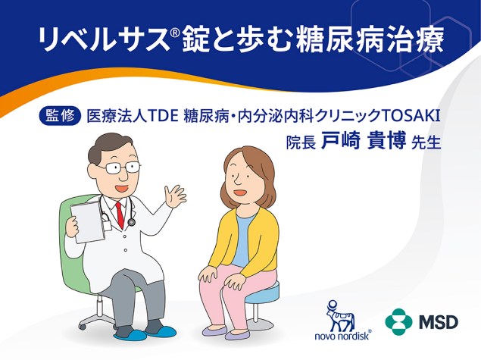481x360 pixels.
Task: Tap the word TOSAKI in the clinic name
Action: tap(412, 116)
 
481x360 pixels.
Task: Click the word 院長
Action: tap(300, 142)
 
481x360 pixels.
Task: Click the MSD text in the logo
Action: tap(441, 321)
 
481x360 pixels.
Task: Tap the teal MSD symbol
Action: tap(398, 321)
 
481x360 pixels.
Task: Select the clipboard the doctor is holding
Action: tap(87, 220)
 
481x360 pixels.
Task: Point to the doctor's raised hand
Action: tap(176, 197)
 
